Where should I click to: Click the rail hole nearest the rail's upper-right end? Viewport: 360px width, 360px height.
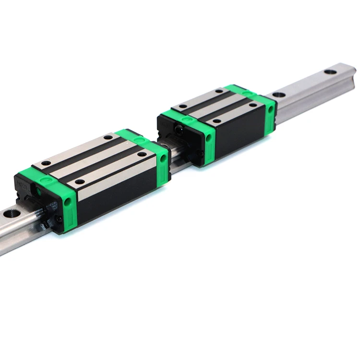pyautogui.click(x=330, y=72)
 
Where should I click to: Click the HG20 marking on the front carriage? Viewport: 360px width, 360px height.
pyautogui.click(x=21, y=183)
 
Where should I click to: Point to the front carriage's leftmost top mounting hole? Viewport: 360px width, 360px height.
pyautogui.click(x=45, y=163)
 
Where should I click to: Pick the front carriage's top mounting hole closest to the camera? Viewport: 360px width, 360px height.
pyautogui.click(x=80, y=182)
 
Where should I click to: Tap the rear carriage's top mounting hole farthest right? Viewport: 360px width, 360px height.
pyautogui.click(x=250, y=104)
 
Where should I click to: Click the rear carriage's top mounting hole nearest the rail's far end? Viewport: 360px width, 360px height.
pyautogui.click(x=219, y=91)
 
